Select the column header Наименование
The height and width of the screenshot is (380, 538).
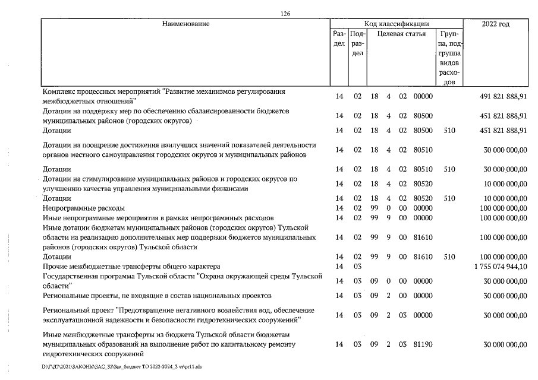pos(184,24)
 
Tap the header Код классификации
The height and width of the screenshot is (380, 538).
pos(396,24)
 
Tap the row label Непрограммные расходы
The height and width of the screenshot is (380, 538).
pos(84,208)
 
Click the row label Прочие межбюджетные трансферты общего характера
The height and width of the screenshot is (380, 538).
pos(131,267)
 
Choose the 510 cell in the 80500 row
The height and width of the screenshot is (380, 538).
pos(449,130)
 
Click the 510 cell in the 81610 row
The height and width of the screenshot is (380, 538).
pos(449,257)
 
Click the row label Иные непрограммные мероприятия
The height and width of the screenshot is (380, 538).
pos(158,218)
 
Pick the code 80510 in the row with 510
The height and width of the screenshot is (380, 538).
pos(423,169)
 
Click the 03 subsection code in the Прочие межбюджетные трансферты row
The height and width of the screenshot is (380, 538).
pos(357,267)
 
